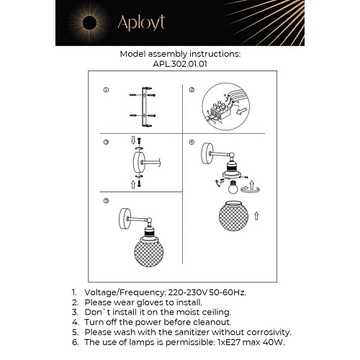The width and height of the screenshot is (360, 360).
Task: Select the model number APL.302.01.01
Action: click(180, 63)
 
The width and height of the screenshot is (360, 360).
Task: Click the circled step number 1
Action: click(106, 90)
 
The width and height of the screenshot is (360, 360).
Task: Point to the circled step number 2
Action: click(192, 90)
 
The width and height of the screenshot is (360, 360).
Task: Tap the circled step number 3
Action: click(106, 143)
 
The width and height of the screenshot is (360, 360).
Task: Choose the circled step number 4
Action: click(192, 143)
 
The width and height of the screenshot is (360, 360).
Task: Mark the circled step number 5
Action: click(106, 202)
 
